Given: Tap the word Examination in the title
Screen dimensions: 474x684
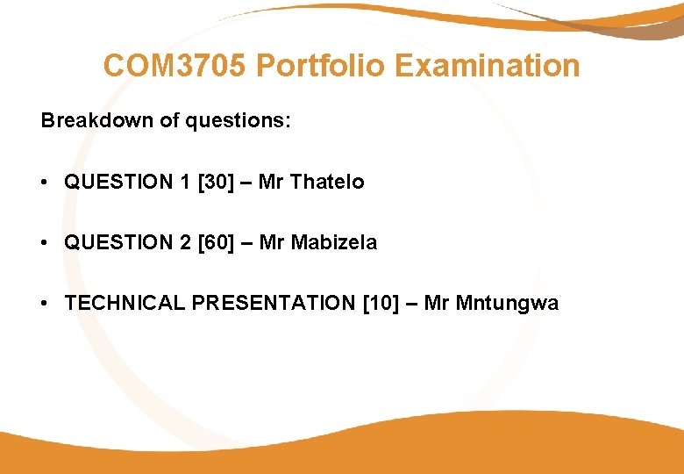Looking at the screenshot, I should click(x=488, y=66).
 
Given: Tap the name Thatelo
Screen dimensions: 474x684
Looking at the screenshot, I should click(x=326, y=182).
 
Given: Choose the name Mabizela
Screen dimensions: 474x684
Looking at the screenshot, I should click(x=334, y=242).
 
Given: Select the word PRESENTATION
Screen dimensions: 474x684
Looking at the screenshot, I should click(x=273, y=303).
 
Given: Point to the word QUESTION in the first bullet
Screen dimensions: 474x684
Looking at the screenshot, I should click(x=119, y=182).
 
